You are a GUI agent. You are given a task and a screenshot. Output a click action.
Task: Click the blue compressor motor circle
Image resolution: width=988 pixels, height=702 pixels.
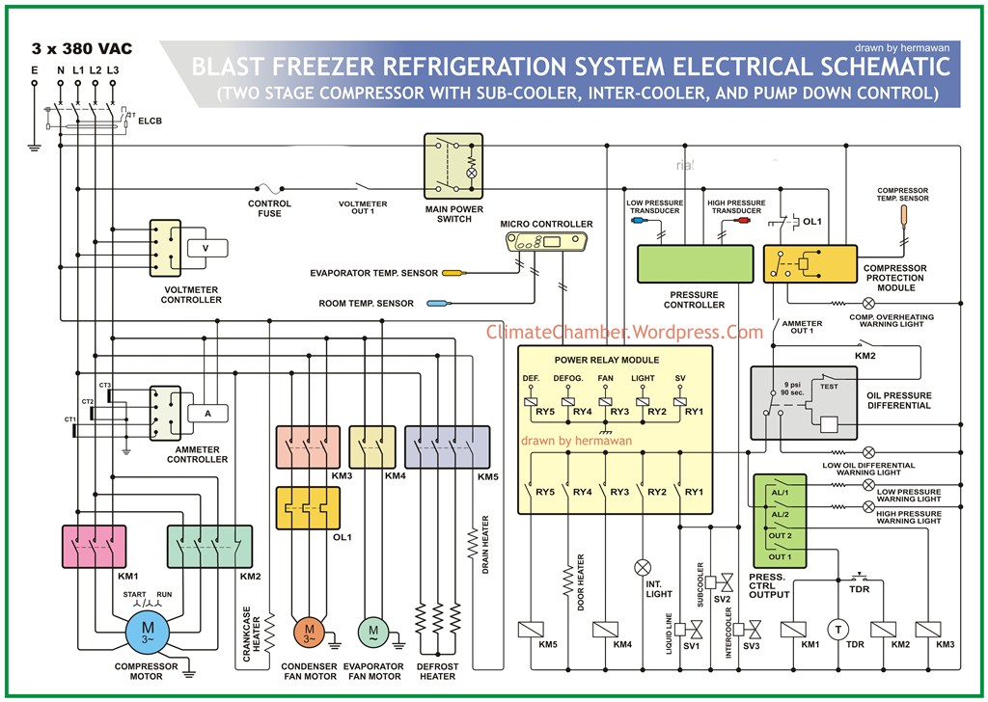point(148,633)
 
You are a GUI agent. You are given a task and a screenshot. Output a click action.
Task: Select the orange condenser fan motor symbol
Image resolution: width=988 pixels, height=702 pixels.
point(310,633)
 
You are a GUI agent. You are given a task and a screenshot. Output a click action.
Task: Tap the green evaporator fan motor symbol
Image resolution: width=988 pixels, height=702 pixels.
point(373,633)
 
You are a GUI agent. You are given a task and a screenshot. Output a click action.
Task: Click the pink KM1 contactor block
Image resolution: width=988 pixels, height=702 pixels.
point(94,547)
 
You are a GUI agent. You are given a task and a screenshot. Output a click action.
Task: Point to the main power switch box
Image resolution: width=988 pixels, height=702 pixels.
point(453,168)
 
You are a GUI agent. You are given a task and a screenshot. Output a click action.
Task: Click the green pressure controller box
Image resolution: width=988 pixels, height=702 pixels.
point(695,263)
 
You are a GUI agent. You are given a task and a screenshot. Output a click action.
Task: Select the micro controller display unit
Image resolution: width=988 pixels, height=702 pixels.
point(547,243)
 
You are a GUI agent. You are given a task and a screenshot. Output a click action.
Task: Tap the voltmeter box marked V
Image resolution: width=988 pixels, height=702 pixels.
point(206,248)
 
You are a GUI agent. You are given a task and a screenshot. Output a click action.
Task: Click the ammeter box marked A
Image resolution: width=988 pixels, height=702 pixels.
point(206,413)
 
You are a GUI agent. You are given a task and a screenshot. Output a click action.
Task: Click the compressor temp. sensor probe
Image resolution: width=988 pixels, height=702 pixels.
point(904,215)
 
